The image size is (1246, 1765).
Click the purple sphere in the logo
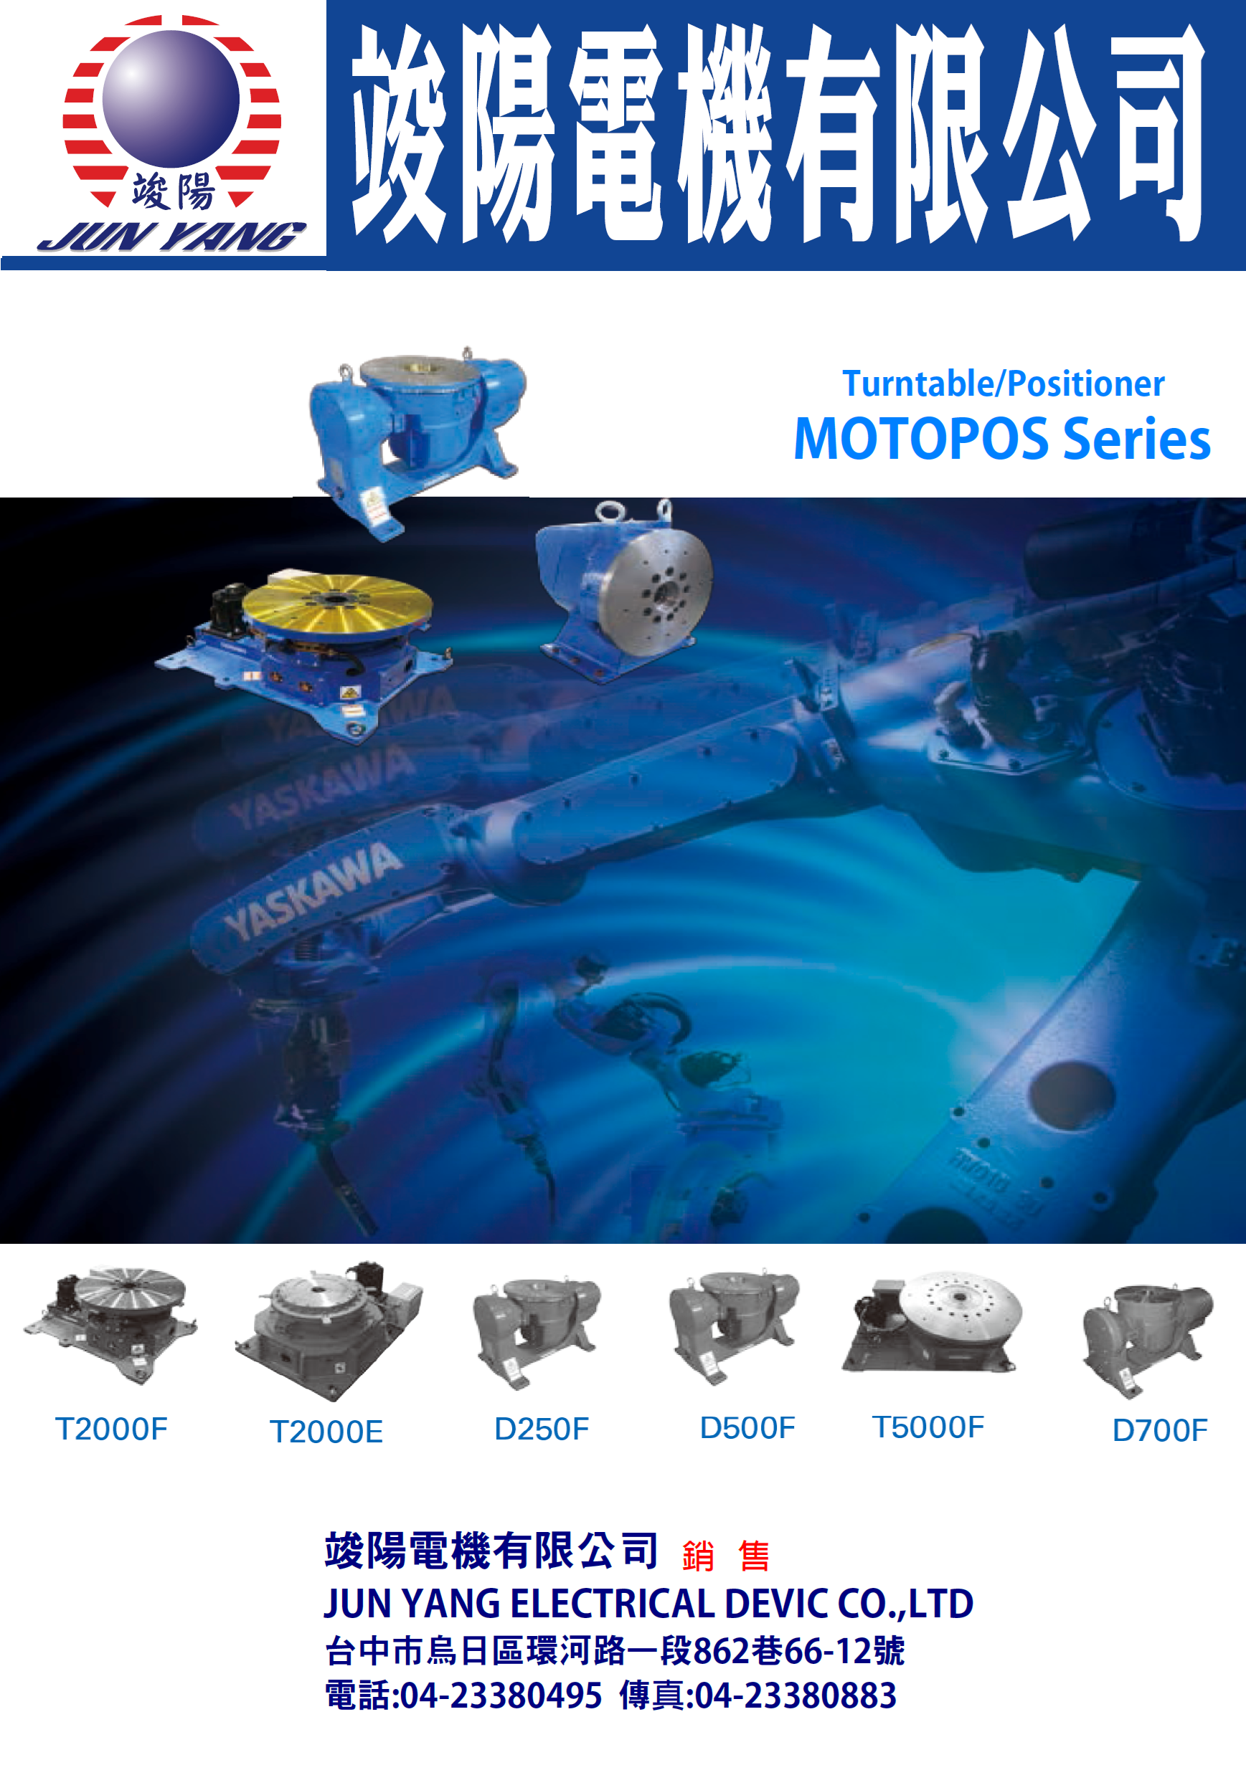171,98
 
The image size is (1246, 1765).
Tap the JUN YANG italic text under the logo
171,237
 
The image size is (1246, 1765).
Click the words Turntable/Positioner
1003,384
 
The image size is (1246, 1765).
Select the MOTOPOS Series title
1001,439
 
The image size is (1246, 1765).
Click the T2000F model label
111,1429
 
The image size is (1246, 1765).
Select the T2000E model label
326,1432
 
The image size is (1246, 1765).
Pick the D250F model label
542,1429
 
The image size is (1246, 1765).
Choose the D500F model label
747,1427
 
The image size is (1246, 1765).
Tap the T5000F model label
928,1427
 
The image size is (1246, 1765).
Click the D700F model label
1160,1429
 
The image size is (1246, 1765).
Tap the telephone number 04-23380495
501,1695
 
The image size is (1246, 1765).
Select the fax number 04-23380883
796,1695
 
